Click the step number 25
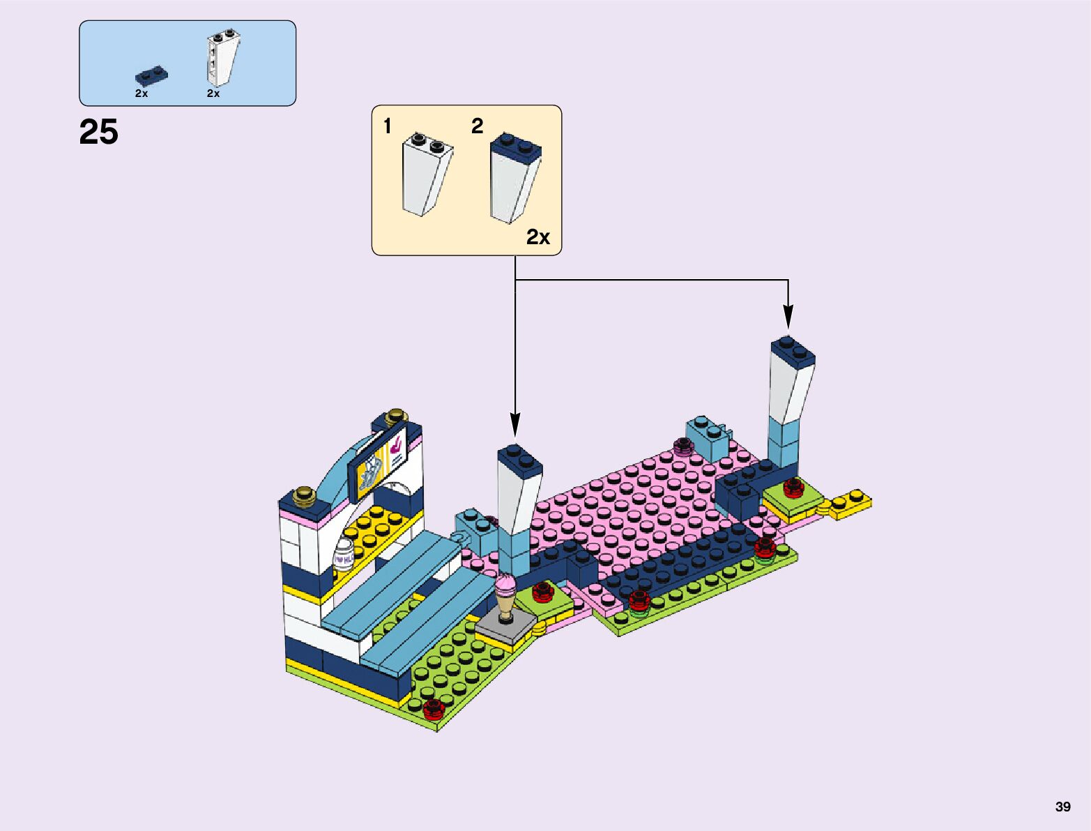(x=99, y=132)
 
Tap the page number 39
(x=1062, y=807)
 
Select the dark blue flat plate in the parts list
(x=152, y=75)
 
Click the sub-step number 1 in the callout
(x=388, y=126)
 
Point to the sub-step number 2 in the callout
(x=477, y=126)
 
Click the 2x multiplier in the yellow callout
(x=537, y=237)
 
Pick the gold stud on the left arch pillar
(x=305, y=495)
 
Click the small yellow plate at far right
(x=850, y=502)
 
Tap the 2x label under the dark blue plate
(x=142, y=93)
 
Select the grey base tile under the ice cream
(x=506, y=626)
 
